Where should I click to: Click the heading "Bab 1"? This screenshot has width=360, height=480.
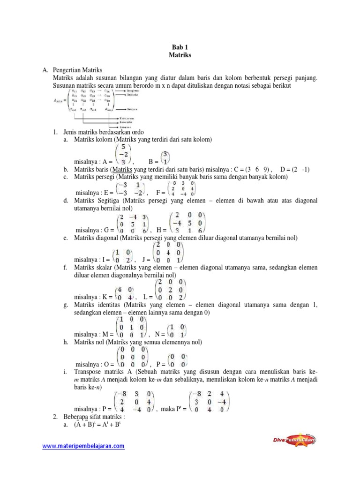tap(180, 47)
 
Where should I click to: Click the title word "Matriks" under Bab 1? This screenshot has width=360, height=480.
tap(180, 55)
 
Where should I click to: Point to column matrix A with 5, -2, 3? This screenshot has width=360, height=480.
tap(122, 152)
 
